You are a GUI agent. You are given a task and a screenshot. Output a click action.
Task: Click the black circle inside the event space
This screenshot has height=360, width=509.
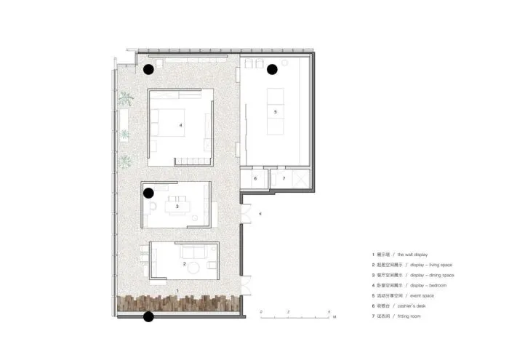click(272, 70)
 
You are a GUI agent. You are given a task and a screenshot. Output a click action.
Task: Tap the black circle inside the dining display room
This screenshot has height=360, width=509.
click(148, 193)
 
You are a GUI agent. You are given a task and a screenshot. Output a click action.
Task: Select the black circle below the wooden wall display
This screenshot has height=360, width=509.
click(148, 316)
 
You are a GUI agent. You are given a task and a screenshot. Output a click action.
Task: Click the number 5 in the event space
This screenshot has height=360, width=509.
click(276, 112)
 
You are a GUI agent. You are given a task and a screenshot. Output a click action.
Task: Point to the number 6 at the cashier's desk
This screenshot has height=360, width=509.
click(254, 178)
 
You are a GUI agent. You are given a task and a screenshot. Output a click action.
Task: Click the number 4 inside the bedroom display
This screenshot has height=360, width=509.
click(180, 125)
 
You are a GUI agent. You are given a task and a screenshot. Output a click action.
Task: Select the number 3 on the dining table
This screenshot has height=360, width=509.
click(177, 207)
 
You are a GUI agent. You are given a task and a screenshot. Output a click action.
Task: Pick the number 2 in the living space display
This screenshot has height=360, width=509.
click(184, 263)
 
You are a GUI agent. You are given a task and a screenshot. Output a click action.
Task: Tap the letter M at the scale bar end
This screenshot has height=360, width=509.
click(334, 319)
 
